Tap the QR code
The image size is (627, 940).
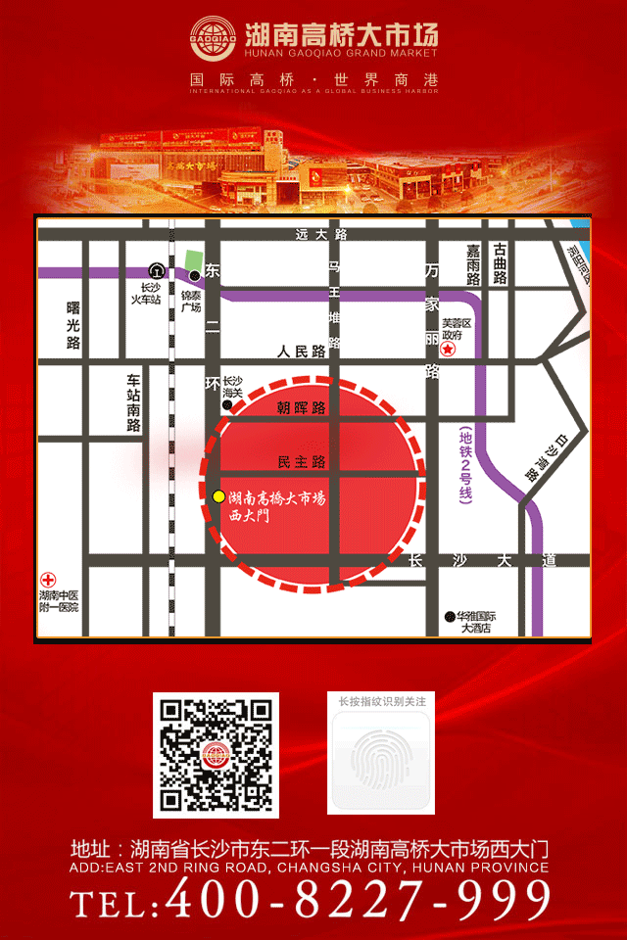pyautogui.click(x=216, y=755)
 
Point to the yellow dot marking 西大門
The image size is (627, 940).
pyautogui.click(x=218, y=497)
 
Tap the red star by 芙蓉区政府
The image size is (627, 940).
pyautogui.click(x=448, y=349)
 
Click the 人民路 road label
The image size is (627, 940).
pyautogui.click(x=300, y=352)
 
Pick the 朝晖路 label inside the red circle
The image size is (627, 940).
pyautogui.click(x=300, y=407)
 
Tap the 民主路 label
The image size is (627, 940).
pyautogui.click(x=301, y=461)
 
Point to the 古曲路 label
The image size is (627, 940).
pyautogui.click(x=501, y=264)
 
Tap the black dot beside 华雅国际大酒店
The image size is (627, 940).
pyautogui.click(x=448, y=617)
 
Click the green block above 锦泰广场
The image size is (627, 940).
pyautogui.click(x=192, y=259)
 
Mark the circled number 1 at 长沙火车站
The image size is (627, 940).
pyautogui.click(x=155, y=270)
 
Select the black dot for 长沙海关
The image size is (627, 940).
pyautogui.click(x=227, y=403)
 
